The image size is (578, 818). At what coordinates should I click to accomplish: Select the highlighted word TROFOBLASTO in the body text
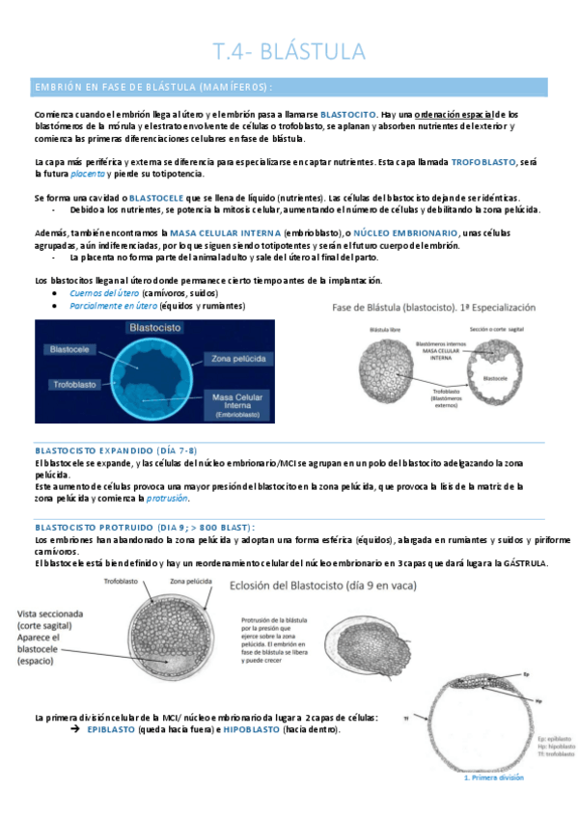485,162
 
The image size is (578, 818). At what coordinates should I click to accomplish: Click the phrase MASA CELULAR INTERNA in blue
225,233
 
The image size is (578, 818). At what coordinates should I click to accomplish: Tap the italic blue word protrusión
167,499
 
